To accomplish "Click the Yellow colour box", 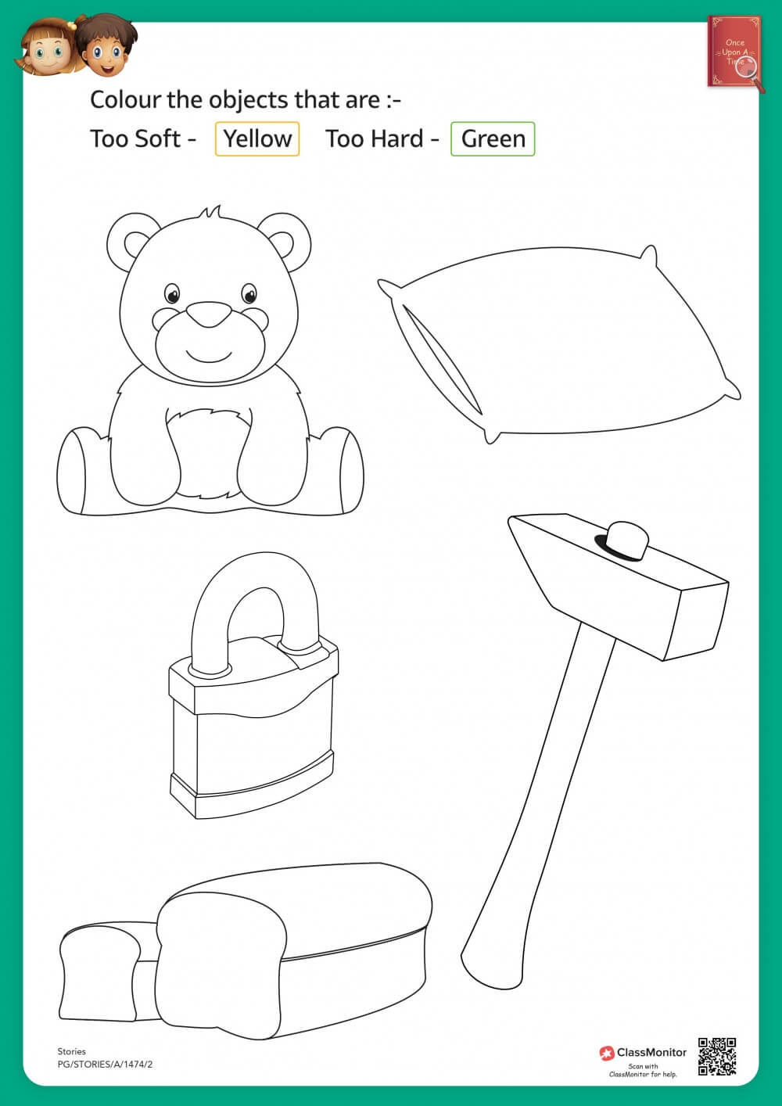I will pos(257,139).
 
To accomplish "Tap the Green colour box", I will pos(493,139).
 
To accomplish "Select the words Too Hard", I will pos(374,139).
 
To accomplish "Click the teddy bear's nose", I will pos(209,314).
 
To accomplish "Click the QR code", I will pos(717,1057).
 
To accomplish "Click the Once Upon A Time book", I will pos(735,52).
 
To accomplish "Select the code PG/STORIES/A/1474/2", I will pos(105,1064).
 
